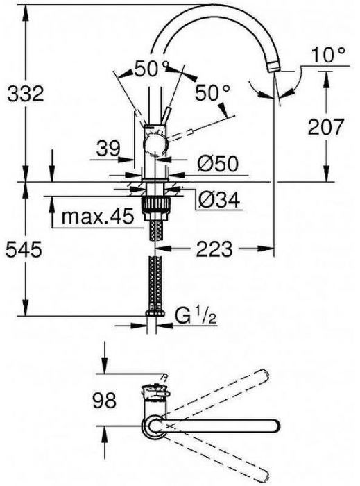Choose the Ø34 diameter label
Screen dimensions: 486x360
[x=217, y=200]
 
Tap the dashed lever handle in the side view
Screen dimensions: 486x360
[x=191, y=128]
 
